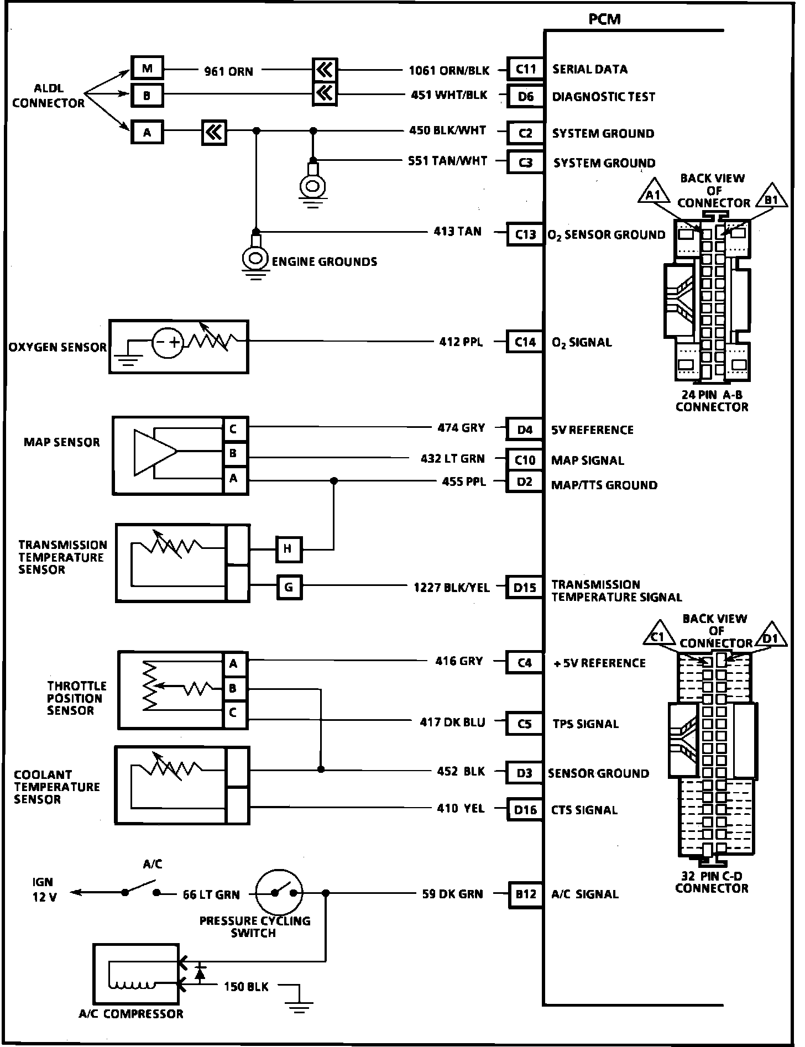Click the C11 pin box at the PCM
click(525, 69)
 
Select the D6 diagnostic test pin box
click(525, 97)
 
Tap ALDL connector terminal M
click(147, 69)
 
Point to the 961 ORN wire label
click(228, 71)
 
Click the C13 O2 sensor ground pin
click(525, 234)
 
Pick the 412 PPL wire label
click(461, 342)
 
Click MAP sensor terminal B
click(233, 453)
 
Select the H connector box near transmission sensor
click(289, 549)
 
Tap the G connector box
click(289, 587)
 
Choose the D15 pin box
click(524, 587)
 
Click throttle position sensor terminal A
click(233, 664)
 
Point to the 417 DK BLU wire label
click(452, 722)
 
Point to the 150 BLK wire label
click(246, 986)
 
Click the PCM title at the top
click(604, 19)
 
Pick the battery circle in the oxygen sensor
click(168, 342)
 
